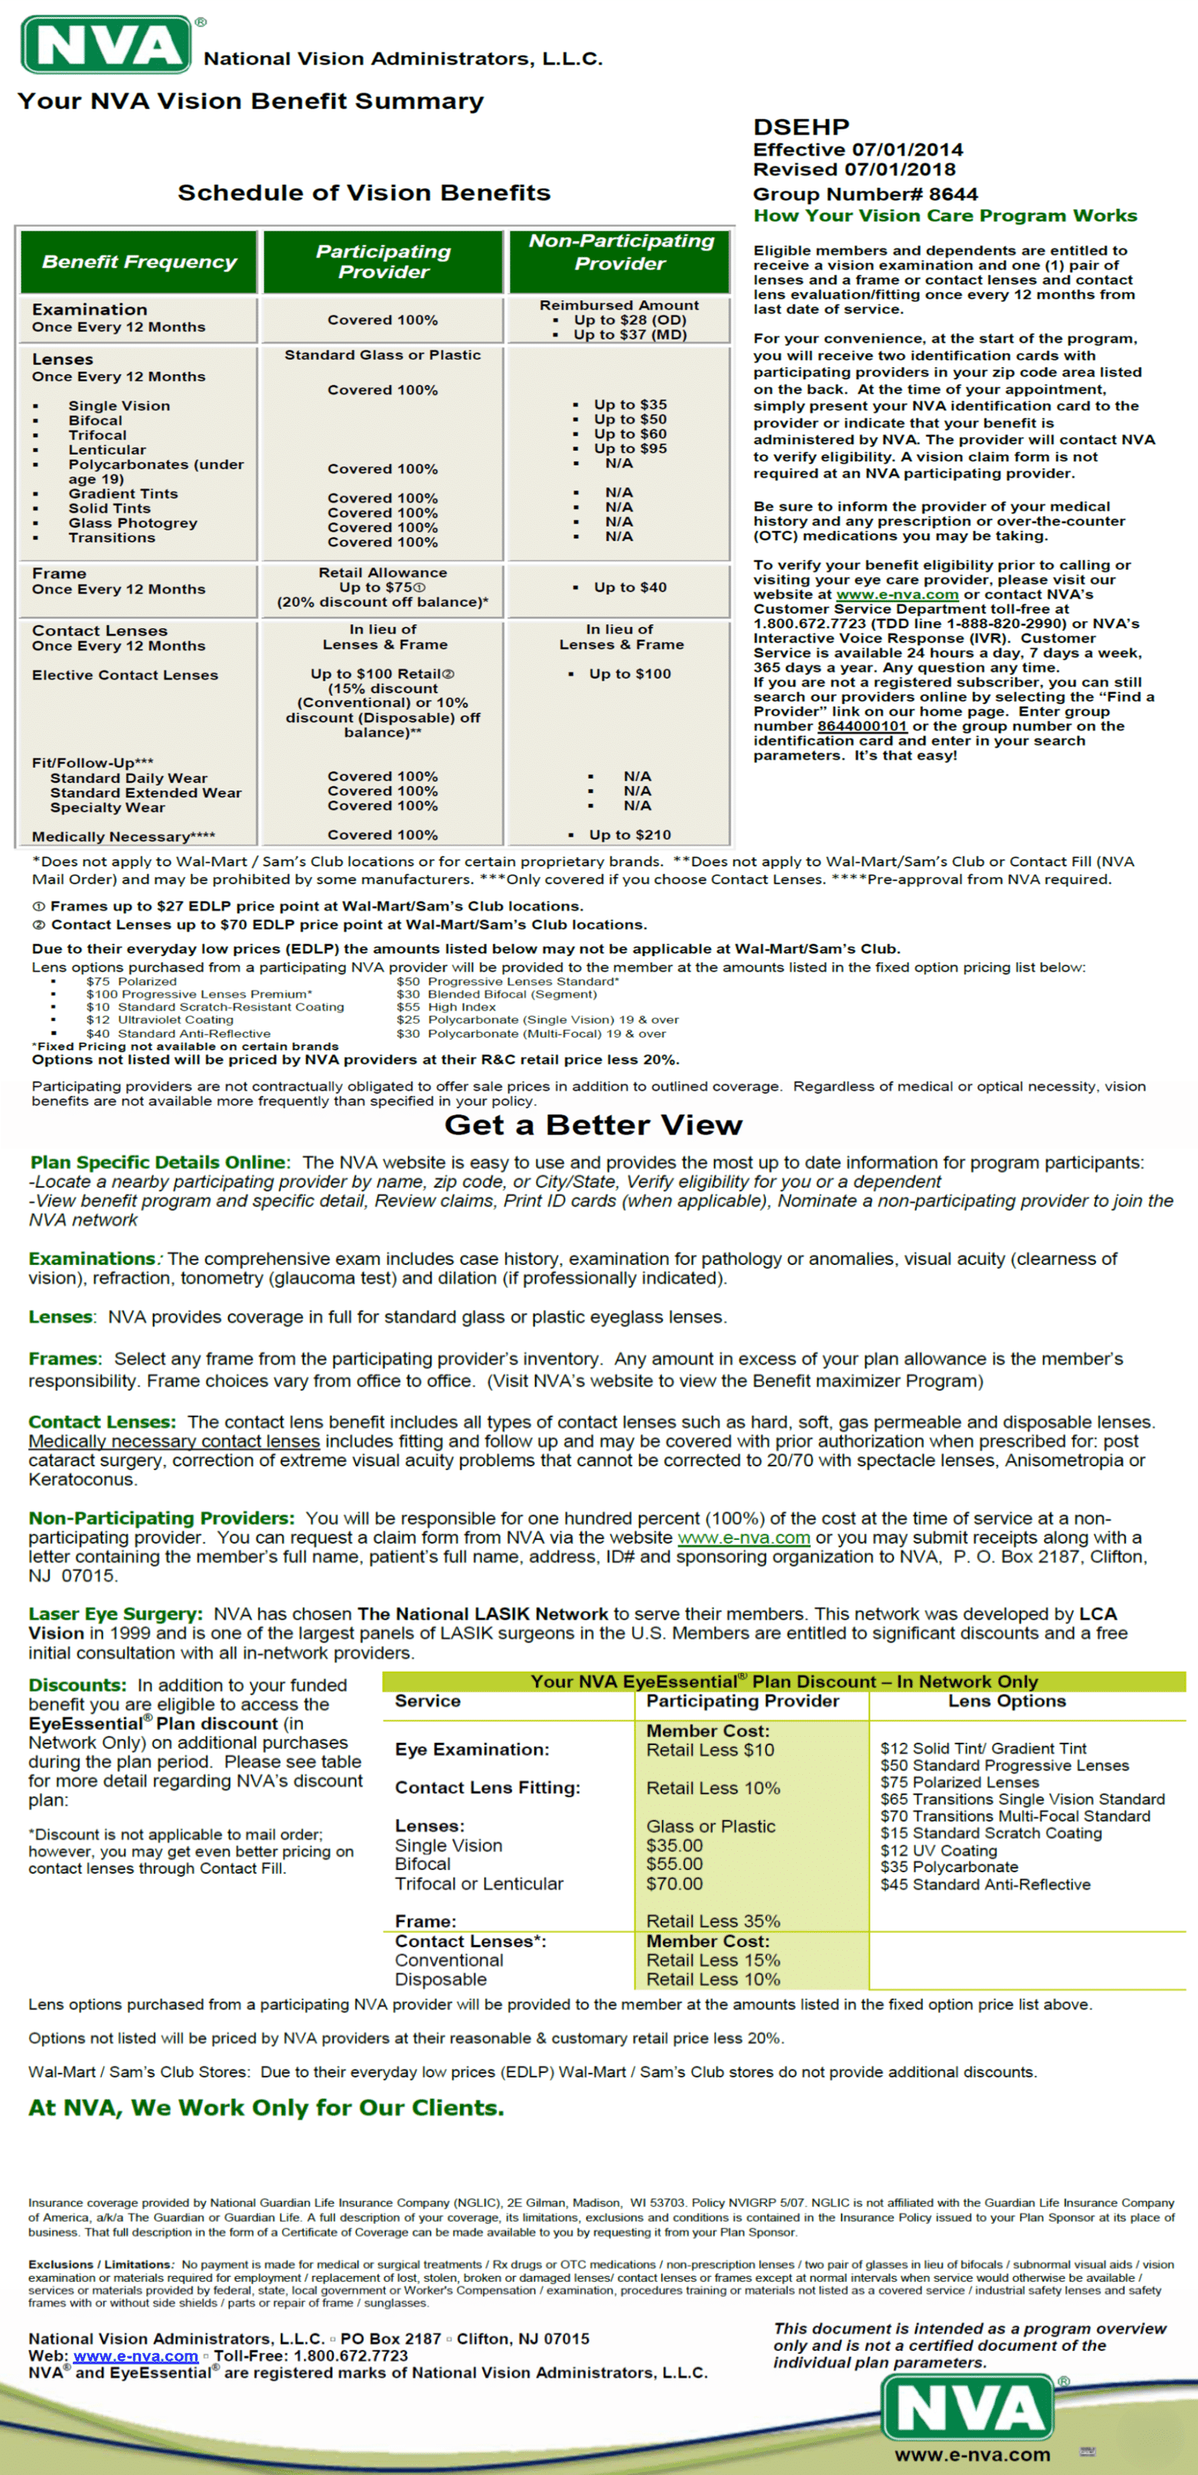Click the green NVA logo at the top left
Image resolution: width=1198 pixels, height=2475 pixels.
click(x=106, y=44)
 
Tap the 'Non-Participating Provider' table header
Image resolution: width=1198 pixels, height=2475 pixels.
click(x=621, y=252)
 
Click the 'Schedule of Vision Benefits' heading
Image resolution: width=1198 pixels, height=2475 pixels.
click(x=364, y=192)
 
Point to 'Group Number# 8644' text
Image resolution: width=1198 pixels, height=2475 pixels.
click(x=865, y=194)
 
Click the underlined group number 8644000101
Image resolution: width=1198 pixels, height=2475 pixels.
click(x=862, y=727)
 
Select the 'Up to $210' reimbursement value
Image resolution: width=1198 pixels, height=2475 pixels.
click(x=629, y=835)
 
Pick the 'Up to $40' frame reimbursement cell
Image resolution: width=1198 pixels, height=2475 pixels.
click(x=629, y=587)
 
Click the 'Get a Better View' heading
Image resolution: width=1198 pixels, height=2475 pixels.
click(x=592, y=1125)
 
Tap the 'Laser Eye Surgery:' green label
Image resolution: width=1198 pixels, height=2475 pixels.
click(x=116, y=1614)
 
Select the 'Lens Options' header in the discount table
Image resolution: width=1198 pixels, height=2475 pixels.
click(x=1007, y=1701)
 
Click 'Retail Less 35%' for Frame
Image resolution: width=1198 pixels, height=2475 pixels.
click(x=713, y=1921)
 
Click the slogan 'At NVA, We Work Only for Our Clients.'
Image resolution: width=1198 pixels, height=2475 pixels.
click(x=266, y=2108)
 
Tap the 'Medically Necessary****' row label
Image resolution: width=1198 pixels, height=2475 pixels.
click(x=123, y=837)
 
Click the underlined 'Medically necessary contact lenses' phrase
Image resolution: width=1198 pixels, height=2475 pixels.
click(x=174, y=1441)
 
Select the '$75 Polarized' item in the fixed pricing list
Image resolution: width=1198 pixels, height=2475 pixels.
click(x=131, y=981)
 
